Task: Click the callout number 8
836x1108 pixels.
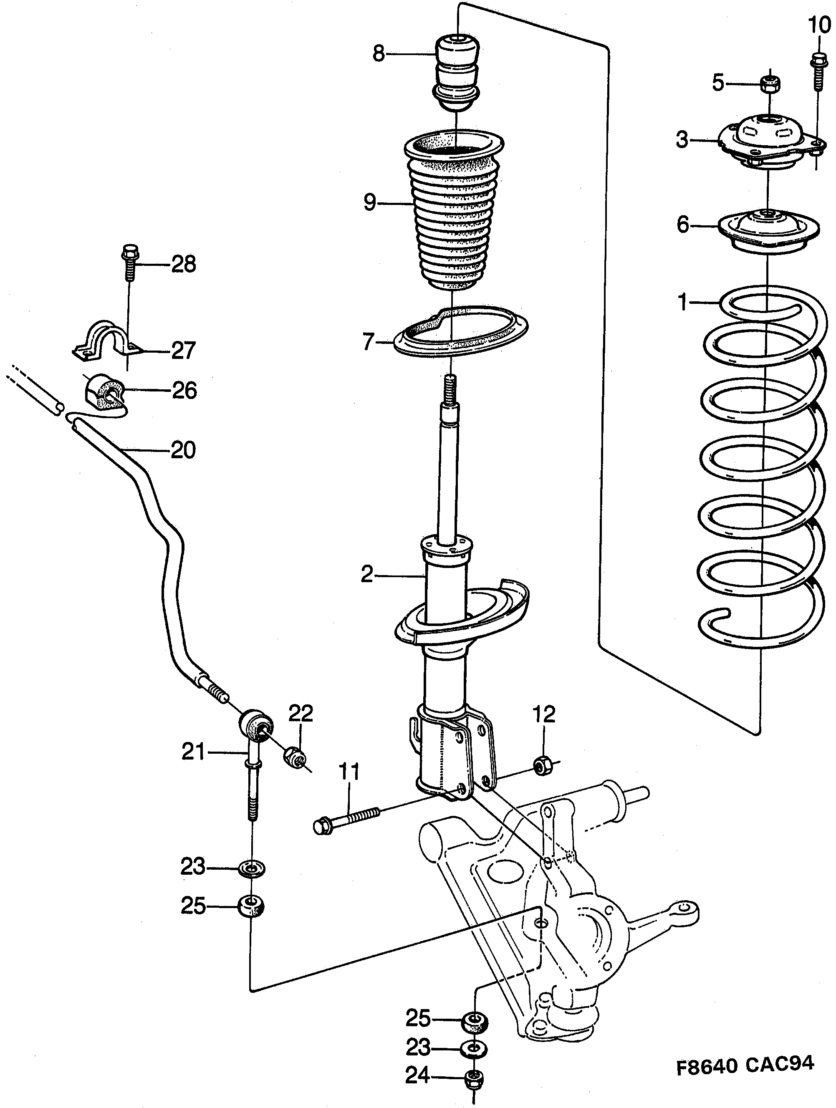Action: point(379,53)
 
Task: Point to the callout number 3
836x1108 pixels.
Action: point(682,140)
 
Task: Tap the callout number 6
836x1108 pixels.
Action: point(683,225)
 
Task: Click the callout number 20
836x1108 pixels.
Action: point(183,450)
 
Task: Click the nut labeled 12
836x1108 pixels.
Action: point(542,765)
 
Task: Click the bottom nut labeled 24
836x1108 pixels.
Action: point(473,1078)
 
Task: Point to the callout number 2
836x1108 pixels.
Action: point(367,575)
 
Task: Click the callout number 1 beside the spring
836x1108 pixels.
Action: point(683,303)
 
